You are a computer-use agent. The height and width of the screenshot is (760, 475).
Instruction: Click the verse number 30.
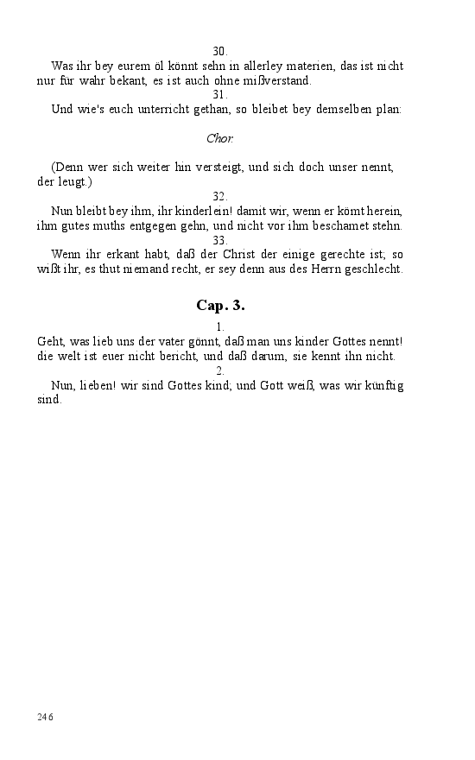tap(220, 51)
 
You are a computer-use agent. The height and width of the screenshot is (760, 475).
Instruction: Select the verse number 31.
tap(220, 95)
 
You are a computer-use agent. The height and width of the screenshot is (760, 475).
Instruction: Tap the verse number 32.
tap(220, 197)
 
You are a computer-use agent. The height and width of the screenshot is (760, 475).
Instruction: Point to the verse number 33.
tap(220, 241)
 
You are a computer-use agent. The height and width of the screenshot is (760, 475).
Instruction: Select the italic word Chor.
tap(220, 138)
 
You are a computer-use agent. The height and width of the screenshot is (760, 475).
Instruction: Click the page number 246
tap(46, 717)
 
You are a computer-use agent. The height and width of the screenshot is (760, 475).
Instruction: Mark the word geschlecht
tap(370, 269)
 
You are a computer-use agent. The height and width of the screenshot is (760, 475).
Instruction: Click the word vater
tap(161, 342)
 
